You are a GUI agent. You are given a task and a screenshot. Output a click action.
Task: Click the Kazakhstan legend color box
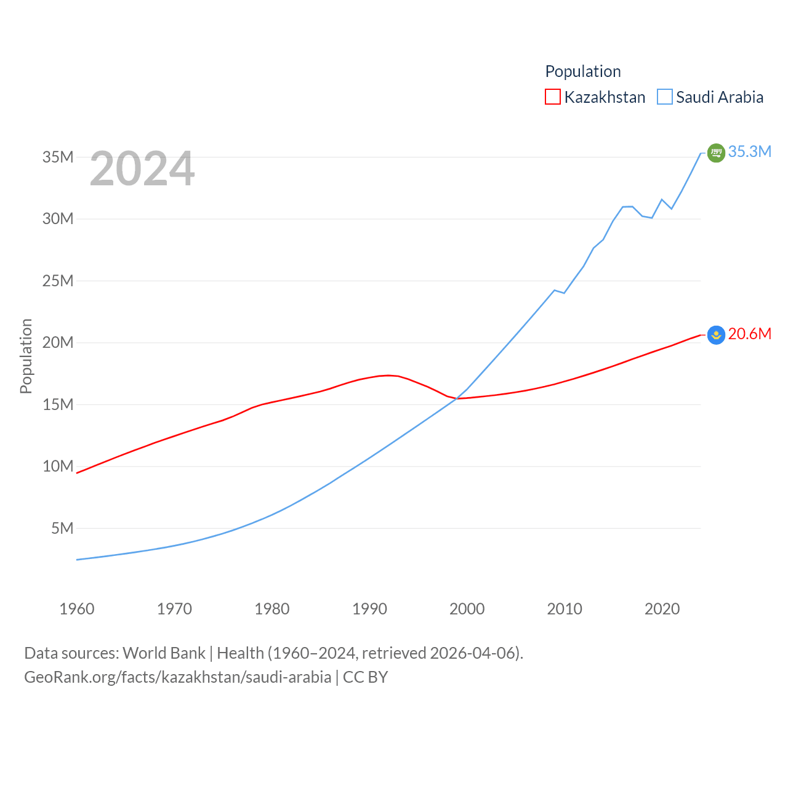(552, 97)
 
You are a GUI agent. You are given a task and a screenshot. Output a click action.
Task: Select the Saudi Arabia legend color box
(664, 97)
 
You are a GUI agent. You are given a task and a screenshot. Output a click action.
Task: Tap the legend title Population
(582, 71)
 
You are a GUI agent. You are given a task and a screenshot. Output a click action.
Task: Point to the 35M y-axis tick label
(58, 157)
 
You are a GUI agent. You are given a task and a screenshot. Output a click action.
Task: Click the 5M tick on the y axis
(62, 528)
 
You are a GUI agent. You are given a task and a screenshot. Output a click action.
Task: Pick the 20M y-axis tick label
(58, 342)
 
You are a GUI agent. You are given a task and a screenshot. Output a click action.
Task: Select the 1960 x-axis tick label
(77, 609)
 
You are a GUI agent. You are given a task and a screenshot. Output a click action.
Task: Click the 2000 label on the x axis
(467, 609)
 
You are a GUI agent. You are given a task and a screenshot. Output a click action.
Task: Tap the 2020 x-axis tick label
(662, 609)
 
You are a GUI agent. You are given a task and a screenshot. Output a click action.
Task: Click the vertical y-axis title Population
(26, 356)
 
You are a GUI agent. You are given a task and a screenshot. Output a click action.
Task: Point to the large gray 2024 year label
(142, 169)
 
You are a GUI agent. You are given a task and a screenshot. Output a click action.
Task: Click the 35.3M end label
(749, 151)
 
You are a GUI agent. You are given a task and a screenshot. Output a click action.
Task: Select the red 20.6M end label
(749, 334)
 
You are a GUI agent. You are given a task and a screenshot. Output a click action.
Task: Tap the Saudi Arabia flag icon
(716, 153)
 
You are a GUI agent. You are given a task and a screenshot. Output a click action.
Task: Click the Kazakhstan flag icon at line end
(716, 335)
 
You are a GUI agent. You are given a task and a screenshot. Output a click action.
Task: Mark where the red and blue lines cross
(457, 398)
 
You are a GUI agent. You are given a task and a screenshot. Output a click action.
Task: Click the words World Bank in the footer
(164, 653)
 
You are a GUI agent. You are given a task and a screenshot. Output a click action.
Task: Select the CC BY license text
(365, 677)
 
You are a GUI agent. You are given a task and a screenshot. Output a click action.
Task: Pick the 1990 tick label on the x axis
(369, 609)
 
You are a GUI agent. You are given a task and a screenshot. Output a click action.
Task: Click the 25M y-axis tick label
(58, 281)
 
